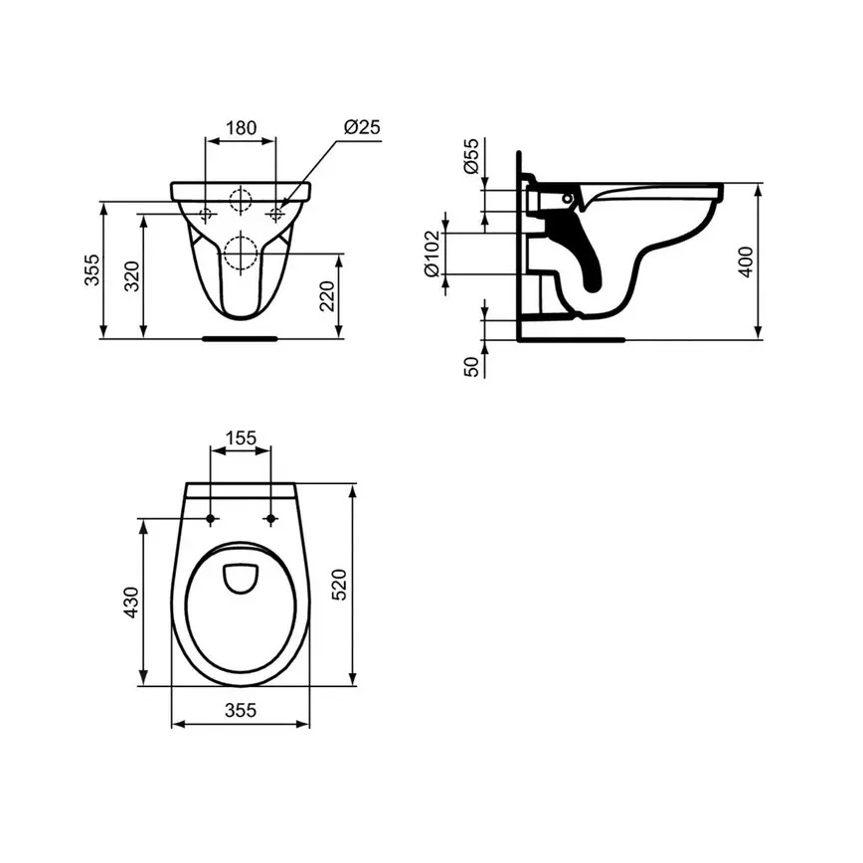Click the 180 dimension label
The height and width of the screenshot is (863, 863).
point(241,127)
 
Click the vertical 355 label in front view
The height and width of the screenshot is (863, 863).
point(91,269)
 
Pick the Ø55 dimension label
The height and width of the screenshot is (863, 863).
point(472,157)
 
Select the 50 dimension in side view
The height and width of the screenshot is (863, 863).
point(472,365)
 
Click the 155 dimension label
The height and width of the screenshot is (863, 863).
point(241,436)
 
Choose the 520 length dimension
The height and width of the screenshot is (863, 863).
point(338,585)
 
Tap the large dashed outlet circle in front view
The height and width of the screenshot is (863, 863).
point(241,253)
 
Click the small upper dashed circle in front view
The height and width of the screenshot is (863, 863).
point(241,200)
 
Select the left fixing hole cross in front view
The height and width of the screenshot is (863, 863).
point(208,215)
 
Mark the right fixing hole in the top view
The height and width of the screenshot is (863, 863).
point(270,518)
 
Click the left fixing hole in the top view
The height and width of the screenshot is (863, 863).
point(211,518)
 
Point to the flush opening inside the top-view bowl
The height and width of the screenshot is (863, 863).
point(241,578)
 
